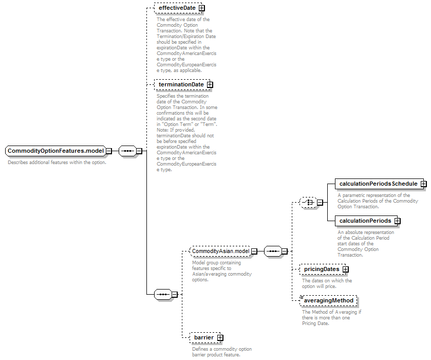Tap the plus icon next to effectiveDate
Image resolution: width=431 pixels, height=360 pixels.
[202, 8]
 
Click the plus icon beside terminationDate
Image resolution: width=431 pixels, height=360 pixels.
[210, 84]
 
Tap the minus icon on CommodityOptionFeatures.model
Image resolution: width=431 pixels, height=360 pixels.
[109, 151]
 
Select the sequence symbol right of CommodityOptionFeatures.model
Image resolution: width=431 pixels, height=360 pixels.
[127, 151]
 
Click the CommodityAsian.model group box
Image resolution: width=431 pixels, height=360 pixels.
[221, 251]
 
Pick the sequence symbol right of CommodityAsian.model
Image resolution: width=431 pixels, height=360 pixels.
[273, 251]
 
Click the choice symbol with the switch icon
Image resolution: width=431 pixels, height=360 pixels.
[308, 202]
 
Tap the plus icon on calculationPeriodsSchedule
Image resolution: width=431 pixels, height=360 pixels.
[424, 184]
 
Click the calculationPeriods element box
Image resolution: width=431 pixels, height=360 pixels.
[366, 221]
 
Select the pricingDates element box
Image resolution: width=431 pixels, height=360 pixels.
[323, 269]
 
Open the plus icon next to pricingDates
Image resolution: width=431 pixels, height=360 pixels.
[346, 269]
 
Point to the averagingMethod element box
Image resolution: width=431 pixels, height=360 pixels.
[328, 300]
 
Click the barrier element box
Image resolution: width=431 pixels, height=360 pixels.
[205, 337]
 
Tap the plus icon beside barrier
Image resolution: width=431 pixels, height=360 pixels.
[220, 337]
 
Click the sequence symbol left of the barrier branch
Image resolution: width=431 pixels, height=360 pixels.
[163, 295]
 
